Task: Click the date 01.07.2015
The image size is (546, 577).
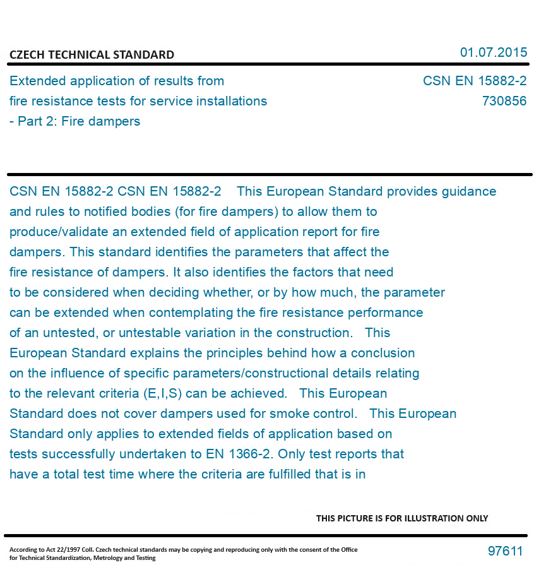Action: click(493, 52)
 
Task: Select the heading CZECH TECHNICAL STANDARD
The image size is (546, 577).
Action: click(92, 55)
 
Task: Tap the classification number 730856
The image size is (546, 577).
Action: click(504, 101)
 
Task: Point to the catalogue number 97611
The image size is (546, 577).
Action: click(505, 551)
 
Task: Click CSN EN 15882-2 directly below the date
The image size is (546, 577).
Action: click(474, 81)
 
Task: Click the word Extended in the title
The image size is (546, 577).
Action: click(38, 81)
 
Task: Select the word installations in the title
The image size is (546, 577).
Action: click(230, 101)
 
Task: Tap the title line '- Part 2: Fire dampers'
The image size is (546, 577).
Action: click(74, 121)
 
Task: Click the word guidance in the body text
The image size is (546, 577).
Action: click(466, 191)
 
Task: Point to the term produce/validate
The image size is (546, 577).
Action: click(61, 232)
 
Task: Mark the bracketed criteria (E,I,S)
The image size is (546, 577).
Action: click(159, 393)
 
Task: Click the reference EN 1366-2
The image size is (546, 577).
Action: click(240, 454)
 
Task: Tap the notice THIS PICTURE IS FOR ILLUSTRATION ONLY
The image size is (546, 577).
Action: click(401, 518)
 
